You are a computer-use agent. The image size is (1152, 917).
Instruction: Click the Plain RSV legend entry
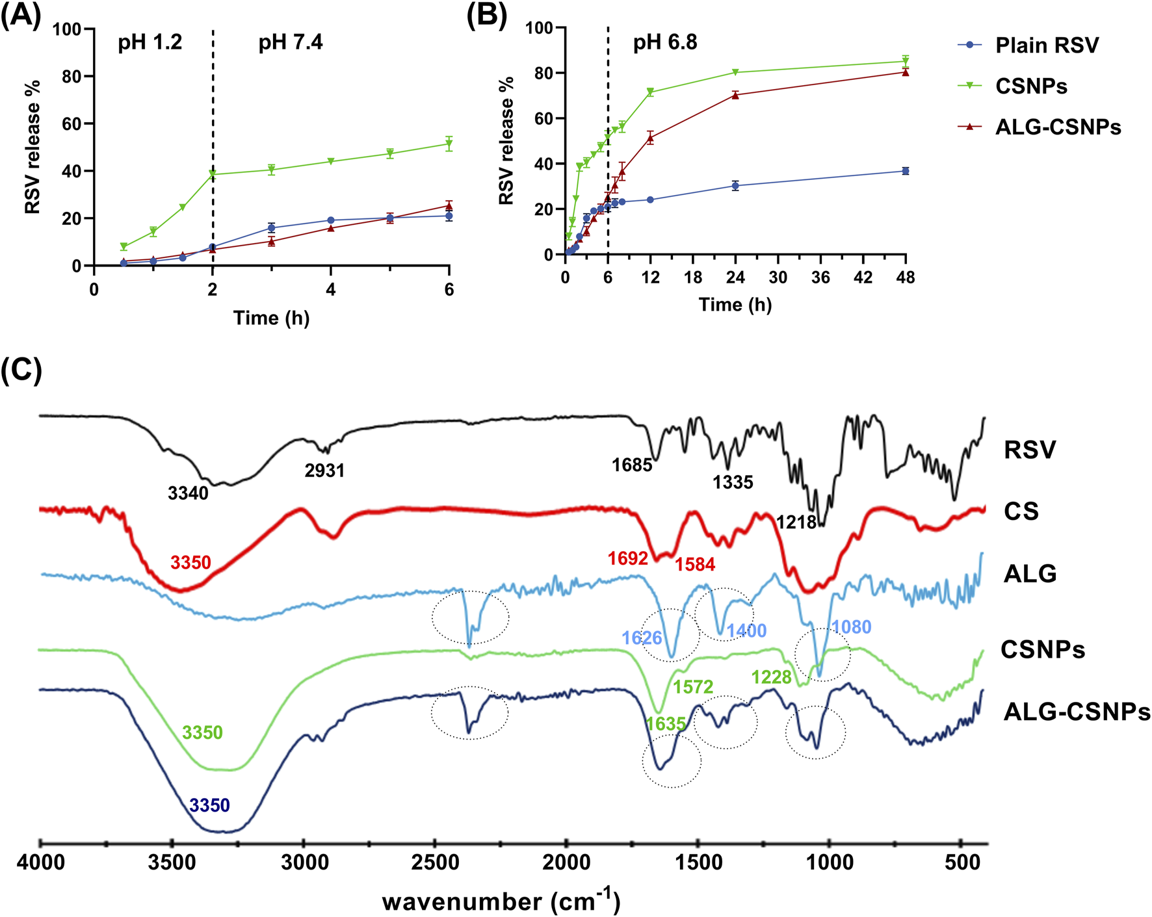click(1047, 45)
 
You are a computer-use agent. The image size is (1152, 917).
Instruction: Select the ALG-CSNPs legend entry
click(1058, 127)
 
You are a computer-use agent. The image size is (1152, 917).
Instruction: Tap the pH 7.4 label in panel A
click(291, 43)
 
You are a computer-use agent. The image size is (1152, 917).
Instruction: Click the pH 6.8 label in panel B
click(665, 43)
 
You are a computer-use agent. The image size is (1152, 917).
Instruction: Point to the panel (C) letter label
click(21, 370)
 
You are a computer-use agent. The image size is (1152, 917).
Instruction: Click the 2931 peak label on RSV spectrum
click(324, 470)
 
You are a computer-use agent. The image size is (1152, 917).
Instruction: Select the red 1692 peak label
click(627, 559)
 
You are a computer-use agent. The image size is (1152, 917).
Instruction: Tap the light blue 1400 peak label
click(746, 630)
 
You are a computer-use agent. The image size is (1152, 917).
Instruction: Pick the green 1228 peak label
click(772, 678)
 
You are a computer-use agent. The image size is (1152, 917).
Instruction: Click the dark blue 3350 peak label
click(209, 806)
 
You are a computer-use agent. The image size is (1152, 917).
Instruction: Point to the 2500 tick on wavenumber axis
click(435, 863)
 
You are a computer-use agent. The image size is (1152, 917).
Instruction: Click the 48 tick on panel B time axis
click(905, 278)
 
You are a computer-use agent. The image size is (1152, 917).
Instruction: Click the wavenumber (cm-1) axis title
click(501, 901)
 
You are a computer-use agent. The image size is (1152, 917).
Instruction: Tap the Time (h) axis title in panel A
click(271, 318)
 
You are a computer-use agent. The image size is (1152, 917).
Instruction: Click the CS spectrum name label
click(1021, 512)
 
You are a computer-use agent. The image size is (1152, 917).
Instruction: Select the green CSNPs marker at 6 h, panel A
click(449, 144)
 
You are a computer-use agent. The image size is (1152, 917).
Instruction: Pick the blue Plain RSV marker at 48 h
click(905, 171)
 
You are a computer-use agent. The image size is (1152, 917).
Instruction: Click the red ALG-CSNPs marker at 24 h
click(735, 95)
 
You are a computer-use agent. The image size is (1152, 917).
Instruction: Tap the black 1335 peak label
click(733, 482)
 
